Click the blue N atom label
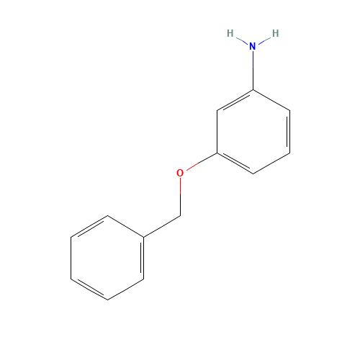(x=253, y=46)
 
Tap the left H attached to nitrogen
(x=230, y=33)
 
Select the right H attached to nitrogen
(x=275, y=33)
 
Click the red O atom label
(x=180, y=173)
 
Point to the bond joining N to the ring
(x=253, y=71)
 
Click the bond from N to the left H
(x=242, y=40)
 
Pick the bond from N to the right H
(x=264, y=40)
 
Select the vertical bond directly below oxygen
(x=180, y=197)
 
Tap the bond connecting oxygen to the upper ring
(x=202, y=161)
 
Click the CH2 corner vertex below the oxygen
(x=180, y=216)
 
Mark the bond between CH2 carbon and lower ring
(x=162, y=226)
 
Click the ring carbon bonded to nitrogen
(x=253, y=90)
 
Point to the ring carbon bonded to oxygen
(x=217, y=153)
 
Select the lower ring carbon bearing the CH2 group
(x=144, y=237)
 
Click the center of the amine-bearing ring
(x=253, y=132)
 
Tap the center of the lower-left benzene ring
(x=107, y=258)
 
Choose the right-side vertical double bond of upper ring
(x=289, y=132)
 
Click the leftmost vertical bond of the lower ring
(x=71, y=258)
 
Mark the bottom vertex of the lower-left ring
(x=107, y=300)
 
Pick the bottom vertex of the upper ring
(x=253, y=174)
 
